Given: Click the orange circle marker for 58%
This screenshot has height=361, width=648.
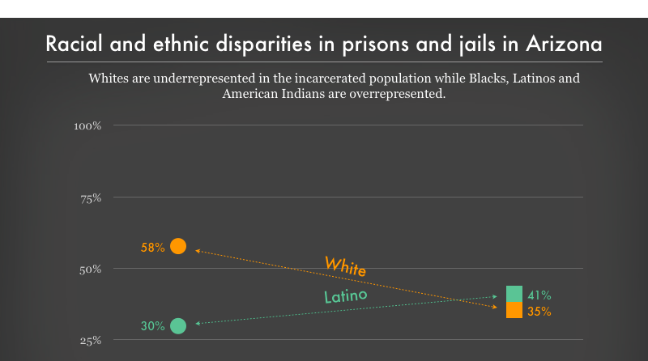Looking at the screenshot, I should [x=178, y=246].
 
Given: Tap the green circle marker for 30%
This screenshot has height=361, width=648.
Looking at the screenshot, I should [x=178, y=326].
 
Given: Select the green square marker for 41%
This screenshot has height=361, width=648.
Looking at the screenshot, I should [x=514, y=294].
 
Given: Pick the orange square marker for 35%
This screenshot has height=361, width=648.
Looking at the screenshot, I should [x=514, y=310].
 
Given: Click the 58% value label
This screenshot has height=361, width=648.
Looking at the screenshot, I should [x=152, y=248].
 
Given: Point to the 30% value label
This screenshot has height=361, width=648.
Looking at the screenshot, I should [x=152, y=327].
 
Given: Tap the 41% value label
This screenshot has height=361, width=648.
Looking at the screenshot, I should [x=539, y=295].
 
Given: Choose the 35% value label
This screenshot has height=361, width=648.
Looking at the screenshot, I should [x=539, y=311].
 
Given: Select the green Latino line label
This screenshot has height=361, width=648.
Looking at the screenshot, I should [x=346, y=296].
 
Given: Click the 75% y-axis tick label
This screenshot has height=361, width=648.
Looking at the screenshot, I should [x=89, y=197].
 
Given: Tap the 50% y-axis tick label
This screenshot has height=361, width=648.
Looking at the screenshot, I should [x=89, y=269].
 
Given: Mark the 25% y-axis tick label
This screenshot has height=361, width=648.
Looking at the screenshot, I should [x=89, y=340].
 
